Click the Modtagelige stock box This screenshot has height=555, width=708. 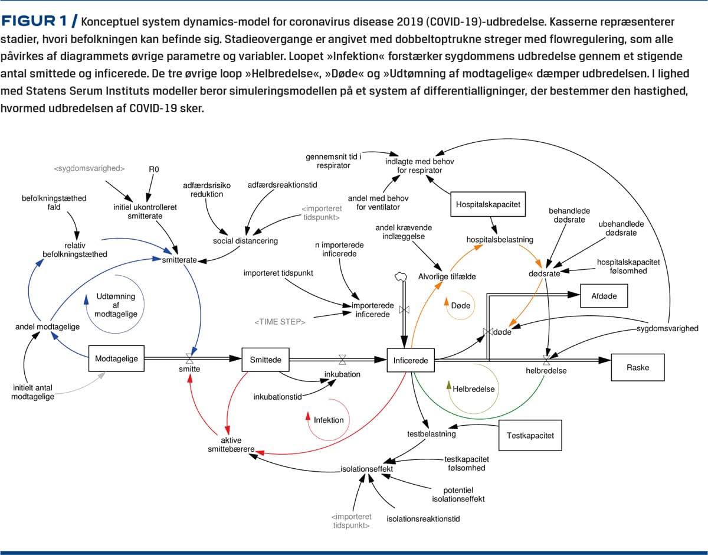pyautogui.click(x=116, y=358)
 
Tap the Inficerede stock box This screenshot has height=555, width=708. pyautogui.click(x=411, y=360)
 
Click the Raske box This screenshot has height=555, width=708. pyautogui.click(x=637, y=367)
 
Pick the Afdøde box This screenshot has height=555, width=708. pyautogui.click(x=604, y=296)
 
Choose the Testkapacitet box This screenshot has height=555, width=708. pyautogui.click(x=530, y=436)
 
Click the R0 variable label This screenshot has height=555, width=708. pyautogui.click(x=154, y=169)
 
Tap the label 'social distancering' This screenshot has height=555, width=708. pyautogui.click(x=245, y=240)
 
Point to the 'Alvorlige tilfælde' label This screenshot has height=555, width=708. pyautogui.click(x=447, y=276)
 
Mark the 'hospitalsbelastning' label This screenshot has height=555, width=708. pyautogui.click(x=500, y=240)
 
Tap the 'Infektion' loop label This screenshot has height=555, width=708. pyautogui.click(x=329, y=420)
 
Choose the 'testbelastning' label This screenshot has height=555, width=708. pyautogui.click(x=431, y=434)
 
